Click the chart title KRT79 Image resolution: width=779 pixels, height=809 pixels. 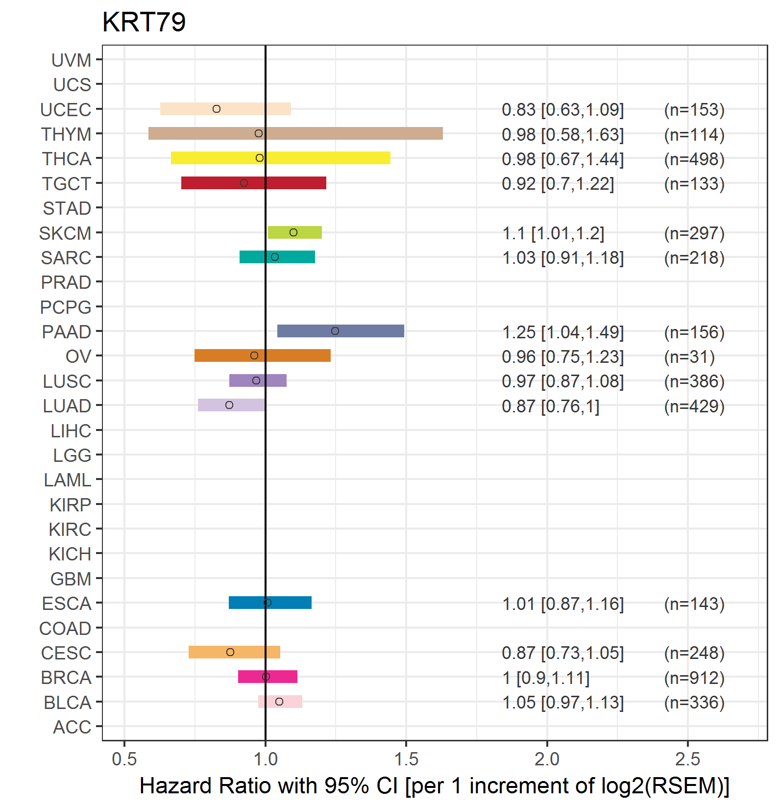click(x=144, y=22)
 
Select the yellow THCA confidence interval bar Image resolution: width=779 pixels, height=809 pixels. click(x=281, y=158)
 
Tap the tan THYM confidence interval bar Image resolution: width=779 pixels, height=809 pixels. click(x=295, y=133)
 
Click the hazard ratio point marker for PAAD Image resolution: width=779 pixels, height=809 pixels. click(x=335, y=331)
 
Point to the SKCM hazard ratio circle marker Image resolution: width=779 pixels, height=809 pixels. click(x=293, y=232)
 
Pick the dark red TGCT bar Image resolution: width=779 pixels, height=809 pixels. click(x=254, y=183)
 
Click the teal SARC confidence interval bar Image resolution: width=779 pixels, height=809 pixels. click(x=277, y=257)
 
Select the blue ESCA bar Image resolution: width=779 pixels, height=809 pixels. click(x=270, y=603)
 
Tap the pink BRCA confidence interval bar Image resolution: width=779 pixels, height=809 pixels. click(x=268, y=677)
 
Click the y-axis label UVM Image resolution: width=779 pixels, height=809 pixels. click(x=72, y=60)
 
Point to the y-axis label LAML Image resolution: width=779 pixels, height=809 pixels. click(x=68, y=480)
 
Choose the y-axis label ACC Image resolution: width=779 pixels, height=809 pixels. click(x=72, y=727)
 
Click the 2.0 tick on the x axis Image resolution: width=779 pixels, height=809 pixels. click(x=547, y=759)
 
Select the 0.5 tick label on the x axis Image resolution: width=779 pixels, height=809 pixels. click(x=124, y=759)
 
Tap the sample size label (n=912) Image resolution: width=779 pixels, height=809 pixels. click(x=694, y=678)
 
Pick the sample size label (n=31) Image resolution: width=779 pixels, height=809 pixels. click(x=689, y=356)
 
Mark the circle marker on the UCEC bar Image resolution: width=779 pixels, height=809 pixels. click(x=217, y=109)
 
